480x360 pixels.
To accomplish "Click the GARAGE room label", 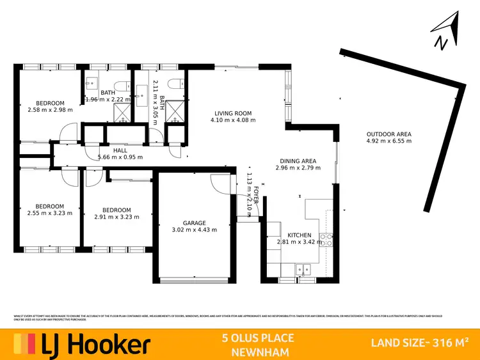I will (x=195, y=223).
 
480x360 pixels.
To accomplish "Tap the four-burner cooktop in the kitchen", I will (x=327, y=240).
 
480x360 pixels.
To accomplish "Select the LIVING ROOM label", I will (x=234, y=113).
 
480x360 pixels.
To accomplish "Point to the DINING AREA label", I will (x=298, y=161).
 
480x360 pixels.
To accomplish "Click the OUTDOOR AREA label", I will (x=388, y=134).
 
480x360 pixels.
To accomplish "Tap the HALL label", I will (x=120, y=150).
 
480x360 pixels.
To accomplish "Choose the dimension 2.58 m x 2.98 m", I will (x=50, y=110).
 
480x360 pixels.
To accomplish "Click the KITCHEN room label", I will (x=299, y=235).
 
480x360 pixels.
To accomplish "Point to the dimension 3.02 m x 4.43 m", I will (x=195, y=230).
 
